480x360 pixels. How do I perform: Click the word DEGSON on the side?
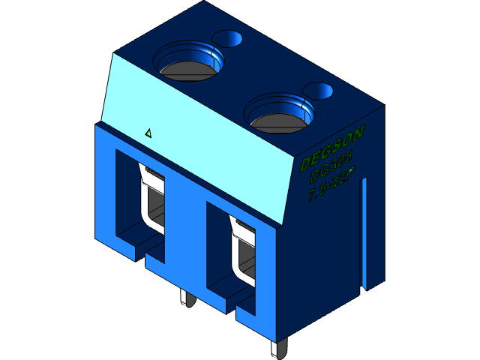(331, 148)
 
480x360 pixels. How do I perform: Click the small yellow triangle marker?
(148, 133)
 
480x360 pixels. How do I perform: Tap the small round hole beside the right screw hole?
(318, 91)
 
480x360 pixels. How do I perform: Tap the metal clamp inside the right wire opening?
(242, 251)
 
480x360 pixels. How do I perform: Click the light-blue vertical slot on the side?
(366, 232)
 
